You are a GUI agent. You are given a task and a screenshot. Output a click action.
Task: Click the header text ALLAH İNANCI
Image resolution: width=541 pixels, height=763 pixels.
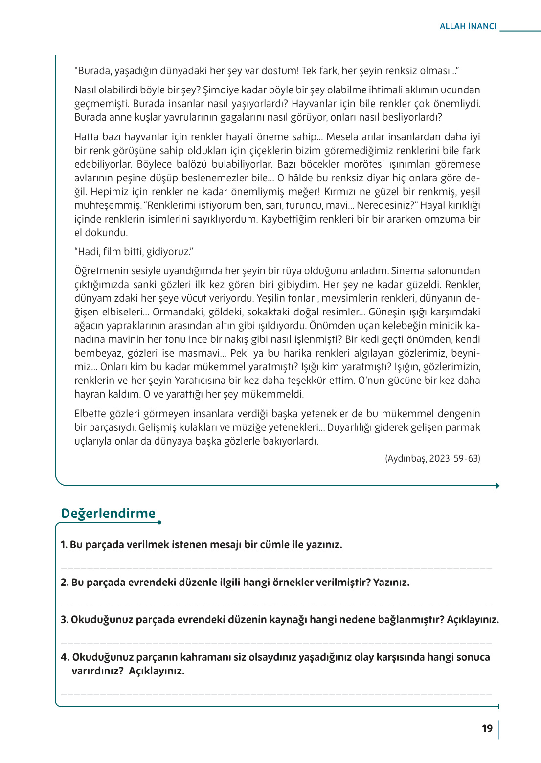pyautogui.click(x=468, y=26)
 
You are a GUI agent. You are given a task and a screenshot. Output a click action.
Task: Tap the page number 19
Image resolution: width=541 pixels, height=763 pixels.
pyautogui.click(x=487, y=729)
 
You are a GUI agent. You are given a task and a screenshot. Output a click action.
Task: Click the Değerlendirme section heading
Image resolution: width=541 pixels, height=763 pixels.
pyautogui.click(x=108, y=513)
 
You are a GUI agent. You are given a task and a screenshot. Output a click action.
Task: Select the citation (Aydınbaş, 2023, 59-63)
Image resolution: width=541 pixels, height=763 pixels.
pyautogui.click(x=432, y=458)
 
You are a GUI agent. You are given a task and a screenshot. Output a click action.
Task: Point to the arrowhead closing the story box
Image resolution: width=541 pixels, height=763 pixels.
pyautogui.click(x=497, y=486)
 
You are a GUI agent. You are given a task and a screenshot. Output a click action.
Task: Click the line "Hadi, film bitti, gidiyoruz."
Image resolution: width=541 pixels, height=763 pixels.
pyautogui.click(x=134, y=252)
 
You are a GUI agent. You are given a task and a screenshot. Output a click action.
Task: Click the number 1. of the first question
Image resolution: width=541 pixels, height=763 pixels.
pyautogui.click(x=64, y=545)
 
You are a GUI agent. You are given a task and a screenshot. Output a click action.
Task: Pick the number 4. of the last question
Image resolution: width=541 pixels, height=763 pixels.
pyautogui.click(x=65, y=657)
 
